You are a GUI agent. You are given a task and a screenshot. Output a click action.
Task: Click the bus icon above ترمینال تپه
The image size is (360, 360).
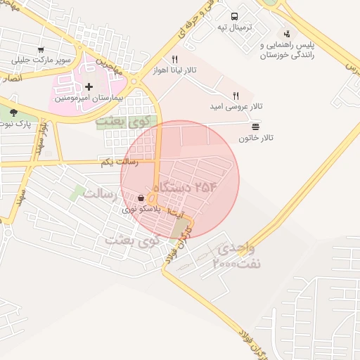234,16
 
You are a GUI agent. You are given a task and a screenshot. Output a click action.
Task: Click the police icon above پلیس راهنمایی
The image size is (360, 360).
286,33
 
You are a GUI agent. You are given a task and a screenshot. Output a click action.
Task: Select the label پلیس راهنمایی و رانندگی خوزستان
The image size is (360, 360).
288,49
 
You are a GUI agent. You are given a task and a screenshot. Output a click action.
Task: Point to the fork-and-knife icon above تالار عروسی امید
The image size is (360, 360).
236,96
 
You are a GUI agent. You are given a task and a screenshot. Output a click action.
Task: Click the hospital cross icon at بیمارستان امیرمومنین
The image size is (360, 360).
89,87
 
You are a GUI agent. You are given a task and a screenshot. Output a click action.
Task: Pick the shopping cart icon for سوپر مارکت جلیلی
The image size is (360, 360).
41,50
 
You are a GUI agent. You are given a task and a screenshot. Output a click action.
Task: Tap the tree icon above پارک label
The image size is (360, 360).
13,112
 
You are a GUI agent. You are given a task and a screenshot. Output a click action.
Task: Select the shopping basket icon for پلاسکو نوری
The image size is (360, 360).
142,198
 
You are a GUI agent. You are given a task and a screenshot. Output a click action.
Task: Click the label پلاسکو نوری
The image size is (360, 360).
141,209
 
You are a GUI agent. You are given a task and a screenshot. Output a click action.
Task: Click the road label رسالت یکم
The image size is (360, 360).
120,162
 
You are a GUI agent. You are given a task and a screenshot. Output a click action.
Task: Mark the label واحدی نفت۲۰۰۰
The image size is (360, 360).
236,257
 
